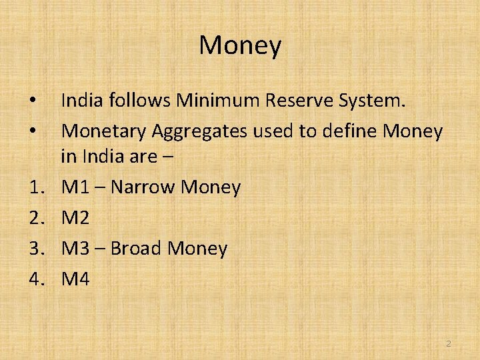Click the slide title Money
[x=240, y=46]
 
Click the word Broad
[x=136, y=249]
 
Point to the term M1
[x=75, y=187]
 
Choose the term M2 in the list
[x=75, y=218]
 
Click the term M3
[x=75, y=249]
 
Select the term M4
[x=75, y=279]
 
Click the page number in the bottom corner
[x=448, y=343]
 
